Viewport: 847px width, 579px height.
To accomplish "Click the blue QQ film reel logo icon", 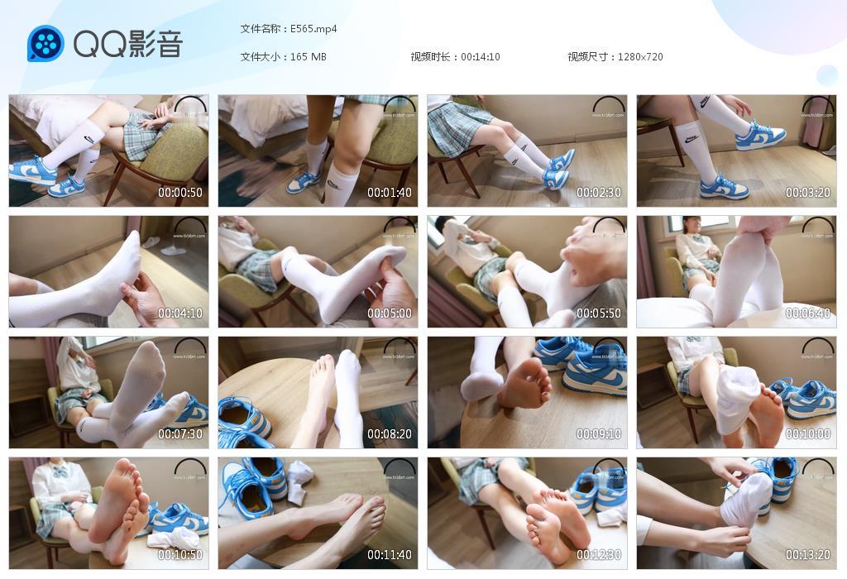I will [45, 43].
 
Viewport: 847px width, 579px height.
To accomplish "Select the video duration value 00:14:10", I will [481, 57].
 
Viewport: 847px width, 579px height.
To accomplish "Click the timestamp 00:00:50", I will [180, 193].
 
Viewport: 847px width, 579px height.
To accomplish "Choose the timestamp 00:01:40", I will [390, 193].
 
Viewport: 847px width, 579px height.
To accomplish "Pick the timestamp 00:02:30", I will [599, 193].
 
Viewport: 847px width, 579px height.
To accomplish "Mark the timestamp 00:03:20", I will [808, 193].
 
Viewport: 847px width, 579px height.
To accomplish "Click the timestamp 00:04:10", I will [180, 313].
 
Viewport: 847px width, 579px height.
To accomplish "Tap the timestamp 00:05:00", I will [390, 313].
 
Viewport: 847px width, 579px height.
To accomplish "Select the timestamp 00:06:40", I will [808, 313].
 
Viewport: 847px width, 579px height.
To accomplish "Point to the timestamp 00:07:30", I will [180, 434].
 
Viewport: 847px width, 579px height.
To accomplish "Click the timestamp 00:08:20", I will [390, 434].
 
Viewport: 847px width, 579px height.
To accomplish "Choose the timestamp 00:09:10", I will [599, 434].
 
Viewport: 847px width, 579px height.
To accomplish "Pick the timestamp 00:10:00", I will [808, 434].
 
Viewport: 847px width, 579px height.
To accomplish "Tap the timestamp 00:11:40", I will [390, 555].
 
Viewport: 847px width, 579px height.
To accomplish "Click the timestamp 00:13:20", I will [808, 555].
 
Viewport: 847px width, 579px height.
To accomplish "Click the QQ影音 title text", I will [128, 44].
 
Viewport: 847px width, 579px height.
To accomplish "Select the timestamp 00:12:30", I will [599, 555].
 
